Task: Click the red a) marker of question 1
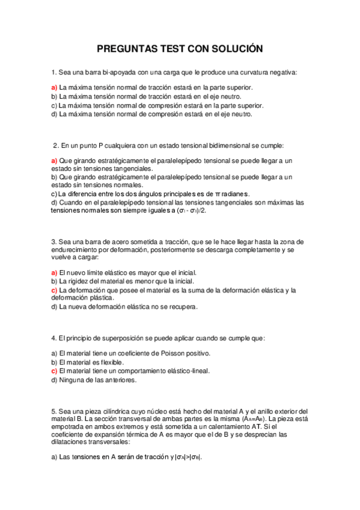tap(54, 87)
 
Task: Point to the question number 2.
tap(55, 145)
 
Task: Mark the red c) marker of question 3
tap(54, 290)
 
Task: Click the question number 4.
tap(53, 338)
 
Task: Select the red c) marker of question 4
tap(54, 371)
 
